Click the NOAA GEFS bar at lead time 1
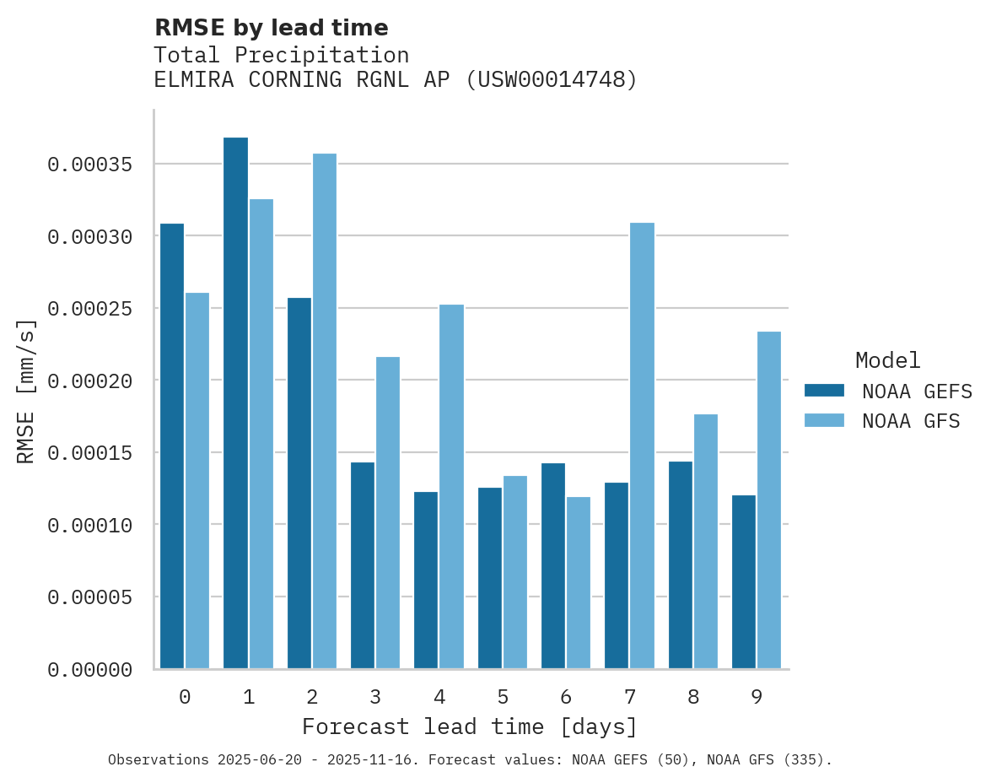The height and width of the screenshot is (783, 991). point(235,403)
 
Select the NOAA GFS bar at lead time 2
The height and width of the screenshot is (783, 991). point(325,411)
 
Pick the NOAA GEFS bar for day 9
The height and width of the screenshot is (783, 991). point(744,582)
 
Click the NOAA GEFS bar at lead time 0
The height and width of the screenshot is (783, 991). point(172,446)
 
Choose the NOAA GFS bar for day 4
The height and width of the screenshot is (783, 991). point(451,487)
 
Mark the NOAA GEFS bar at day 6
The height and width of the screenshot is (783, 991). point(553,566)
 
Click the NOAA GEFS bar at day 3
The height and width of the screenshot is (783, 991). point(363,565)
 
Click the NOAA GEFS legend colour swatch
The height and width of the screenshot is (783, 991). point(824,391)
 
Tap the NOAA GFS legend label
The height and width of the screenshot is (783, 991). point(911,420)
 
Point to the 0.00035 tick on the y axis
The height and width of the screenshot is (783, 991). point(90,165)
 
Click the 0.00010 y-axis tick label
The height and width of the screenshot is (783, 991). point(90,526)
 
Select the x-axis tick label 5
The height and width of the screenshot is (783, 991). point(503,698)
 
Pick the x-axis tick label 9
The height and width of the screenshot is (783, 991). point(757,698)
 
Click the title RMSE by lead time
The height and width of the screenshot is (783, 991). point(271,28)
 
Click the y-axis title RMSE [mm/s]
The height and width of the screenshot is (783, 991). point(26,391)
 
